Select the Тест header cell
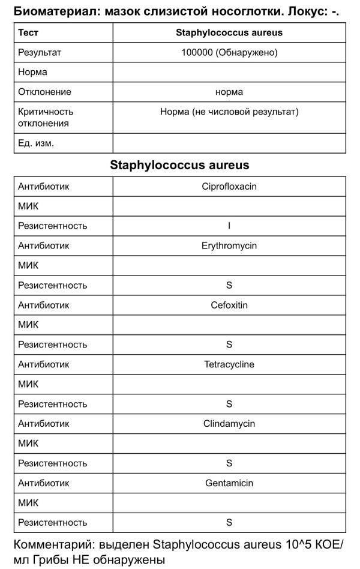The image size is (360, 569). click(x=28, y=32)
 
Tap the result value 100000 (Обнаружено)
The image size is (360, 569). click(x=229, y=52)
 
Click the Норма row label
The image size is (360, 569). click(x=32, y=72)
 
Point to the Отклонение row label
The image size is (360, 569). click(x=44, y=92)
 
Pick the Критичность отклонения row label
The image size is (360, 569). click(x=46, y=117)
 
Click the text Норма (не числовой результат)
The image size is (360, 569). click(x=229, y=112)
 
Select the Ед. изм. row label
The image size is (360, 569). click(x=36, y=143)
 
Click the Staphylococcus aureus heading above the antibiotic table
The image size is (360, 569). click(x=179, y=164)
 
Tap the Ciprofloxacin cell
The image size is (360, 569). click(x=229, y=186)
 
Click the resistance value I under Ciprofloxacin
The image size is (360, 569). click(x=229, y=226)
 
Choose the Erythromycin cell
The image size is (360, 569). click(x=229, y=245)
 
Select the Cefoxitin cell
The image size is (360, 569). click(x=229, y=305)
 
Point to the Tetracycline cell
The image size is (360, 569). click(x=229, y=364)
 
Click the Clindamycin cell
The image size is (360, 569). click(x=229, y=424)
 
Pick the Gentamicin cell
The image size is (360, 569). click(x=229, y=483)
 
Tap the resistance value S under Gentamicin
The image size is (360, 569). click(x=229, y=523)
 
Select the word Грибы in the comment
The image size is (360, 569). click(x=51, y=560)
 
